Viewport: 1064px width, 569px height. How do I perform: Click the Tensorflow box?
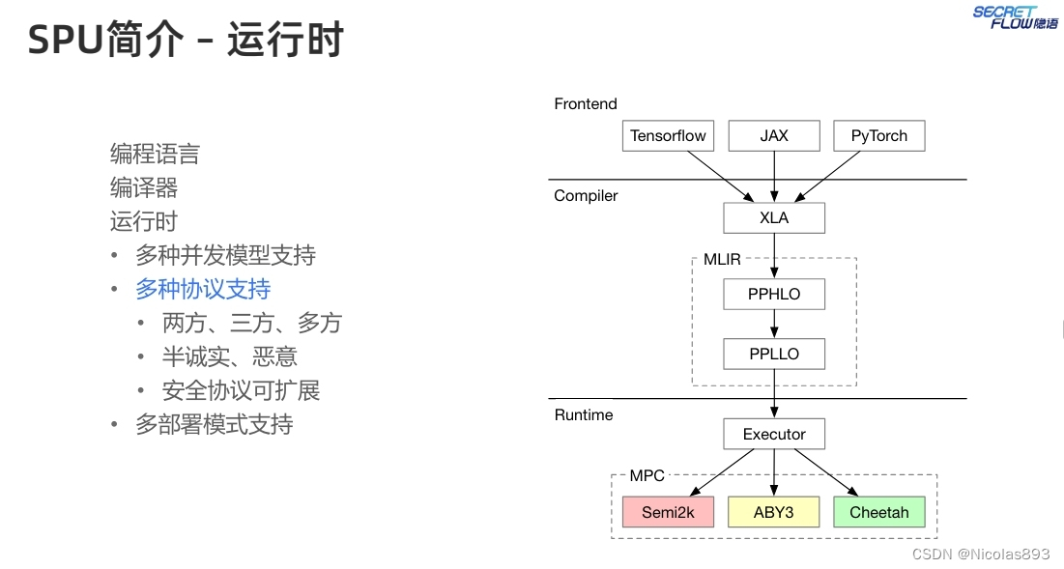(668, 136)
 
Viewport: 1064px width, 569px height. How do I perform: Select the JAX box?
(774, 136)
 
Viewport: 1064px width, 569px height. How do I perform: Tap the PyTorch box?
(878, 136)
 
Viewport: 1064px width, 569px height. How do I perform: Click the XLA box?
(774, 218)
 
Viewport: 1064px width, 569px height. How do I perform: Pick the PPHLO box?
(774, 294)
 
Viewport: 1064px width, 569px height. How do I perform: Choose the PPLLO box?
(774, 354)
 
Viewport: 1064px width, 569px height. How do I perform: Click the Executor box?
(774, 434)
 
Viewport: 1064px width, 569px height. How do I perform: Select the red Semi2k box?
(668, 512)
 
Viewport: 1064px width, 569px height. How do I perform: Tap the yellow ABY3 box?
(774, 512)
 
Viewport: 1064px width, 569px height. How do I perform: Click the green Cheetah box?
(878, 512)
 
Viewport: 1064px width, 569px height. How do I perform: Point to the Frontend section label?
(586, 104)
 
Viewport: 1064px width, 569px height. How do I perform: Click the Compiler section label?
(586, 196)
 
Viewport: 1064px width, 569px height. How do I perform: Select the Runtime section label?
(584, 415)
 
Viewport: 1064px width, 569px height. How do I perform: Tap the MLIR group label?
(722, 260)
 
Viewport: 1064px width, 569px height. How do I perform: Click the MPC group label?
(647, 476)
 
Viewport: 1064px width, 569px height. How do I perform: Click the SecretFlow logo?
(1015, 17)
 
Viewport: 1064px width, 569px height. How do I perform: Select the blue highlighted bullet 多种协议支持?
(203, 289)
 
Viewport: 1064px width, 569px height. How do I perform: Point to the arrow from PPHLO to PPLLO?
(774, 324)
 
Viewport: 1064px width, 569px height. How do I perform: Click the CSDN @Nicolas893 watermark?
(980, 554)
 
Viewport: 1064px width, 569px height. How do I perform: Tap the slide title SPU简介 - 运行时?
(186, 41)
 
